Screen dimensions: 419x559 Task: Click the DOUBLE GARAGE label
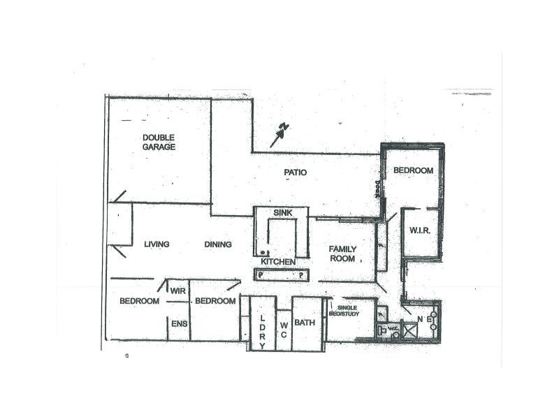click(x=159, y=142)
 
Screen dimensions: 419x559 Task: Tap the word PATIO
click(x=295, y=172)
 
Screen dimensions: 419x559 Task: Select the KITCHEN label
click(x=277, y=261)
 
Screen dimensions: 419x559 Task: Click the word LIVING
click(x=157, y=244)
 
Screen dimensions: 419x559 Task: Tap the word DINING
click(x=218, y=244)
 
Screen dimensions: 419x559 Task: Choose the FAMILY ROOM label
click(x=342, y=253)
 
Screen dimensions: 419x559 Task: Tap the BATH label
click(x=305, y=323)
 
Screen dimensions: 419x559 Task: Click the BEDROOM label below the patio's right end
click(x=413, y=170)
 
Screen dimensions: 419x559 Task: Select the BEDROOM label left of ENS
click(x=139, y=301)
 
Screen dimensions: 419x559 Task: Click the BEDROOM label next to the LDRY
click(x=215, y=301)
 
